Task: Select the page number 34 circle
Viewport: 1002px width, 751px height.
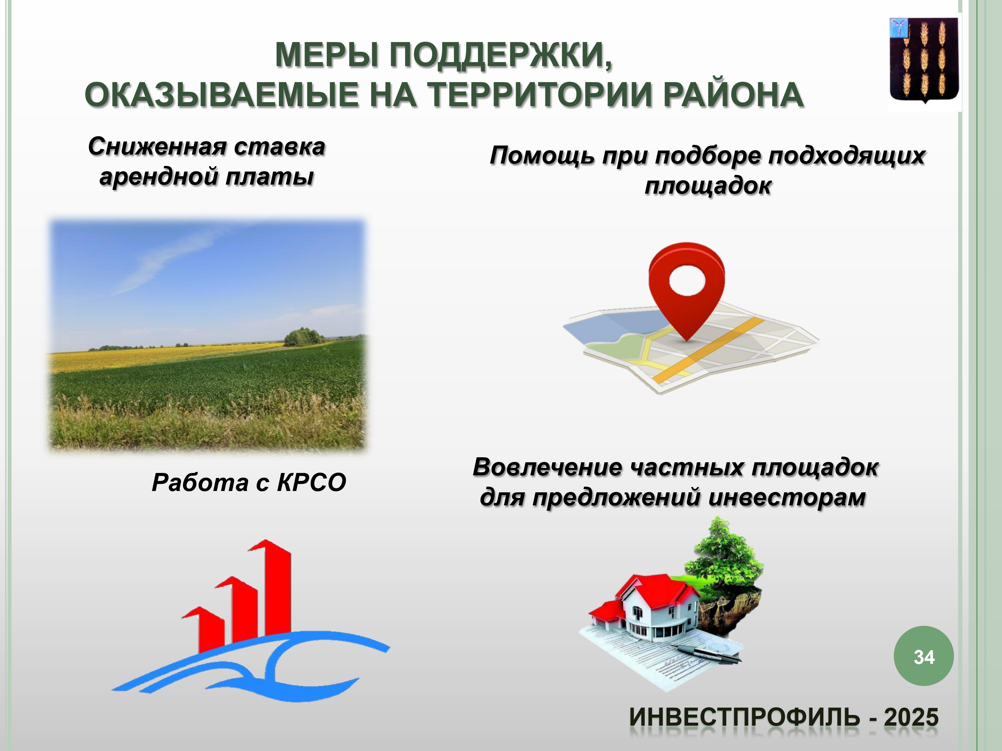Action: pyautogui.click(x=924, y=656)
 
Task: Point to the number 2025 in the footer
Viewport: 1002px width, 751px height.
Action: pyautogui.click(x=911, y=718)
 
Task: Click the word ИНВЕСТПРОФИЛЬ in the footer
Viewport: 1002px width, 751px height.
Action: pyautogui.click(x=744, y=718)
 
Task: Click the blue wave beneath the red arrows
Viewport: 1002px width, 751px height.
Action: pyautogui.click(x=249, y=666)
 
